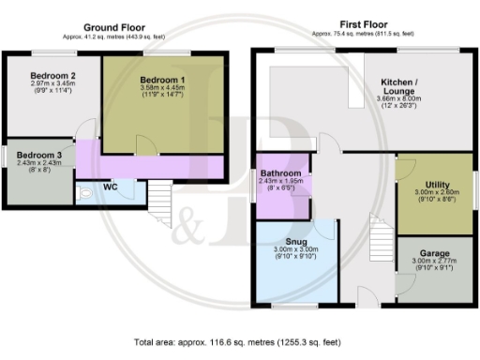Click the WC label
[110, 187]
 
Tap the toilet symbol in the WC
[86, 195]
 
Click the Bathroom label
[281, 174]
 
